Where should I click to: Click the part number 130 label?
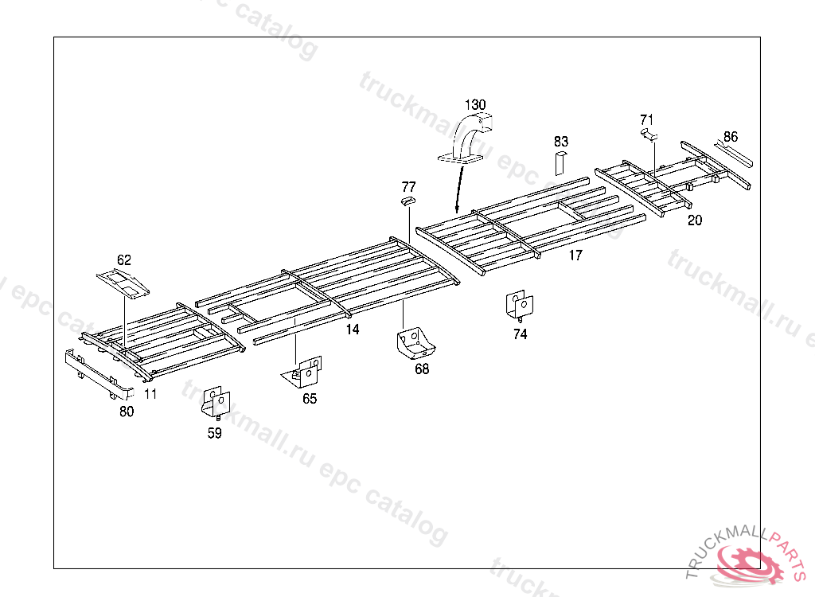click(x=475, y=105)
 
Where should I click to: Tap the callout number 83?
click(x=562, y=141)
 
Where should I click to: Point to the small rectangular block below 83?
click(x=560, y=162)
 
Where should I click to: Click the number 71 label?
click(x=647, y=120)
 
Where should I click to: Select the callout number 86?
click(x=731, y=136)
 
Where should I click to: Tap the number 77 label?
click(x=408, y=187)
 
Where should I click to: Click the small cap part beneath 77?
click(x=407, y=202)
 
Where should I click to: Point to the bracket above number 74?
click(x=520, y=305)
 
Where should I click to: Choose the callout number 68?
click(x=422, y=369)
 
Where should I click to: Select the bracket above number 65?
click(x=305, y=372)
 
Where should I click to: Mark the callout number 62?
click(x=124, y=260)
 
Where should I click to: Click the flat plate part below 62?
click(x=123, y=283)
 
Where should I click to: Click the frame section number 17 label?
click(x=575, y=256)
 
